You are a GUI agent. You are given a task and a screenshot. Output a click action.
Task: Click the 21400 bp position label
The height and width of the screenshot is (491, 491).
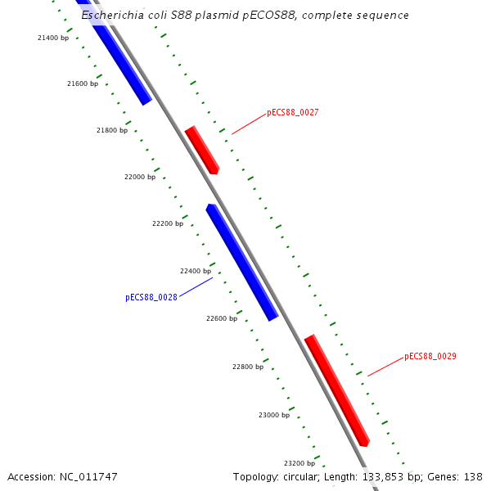pos(53,38)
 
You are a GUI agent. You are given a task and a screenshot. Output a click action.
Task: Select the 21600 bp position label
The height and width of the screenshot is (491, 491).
pos(82,83)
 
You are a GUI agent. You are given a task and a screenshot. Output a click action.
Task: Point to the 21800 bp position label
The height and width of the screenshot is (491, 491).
pos(112,130)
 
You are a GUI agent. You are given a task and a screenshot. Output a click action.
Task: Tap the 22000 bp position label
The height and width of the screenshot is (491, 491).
pos(140,177)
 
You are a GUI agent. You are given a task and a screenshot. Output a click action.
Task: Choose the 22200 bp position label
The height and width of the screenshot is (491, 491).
pos(168,223)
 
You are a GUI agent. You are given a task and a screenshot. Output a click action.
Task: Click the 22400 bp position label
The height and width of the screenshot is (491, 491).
pos(196,271)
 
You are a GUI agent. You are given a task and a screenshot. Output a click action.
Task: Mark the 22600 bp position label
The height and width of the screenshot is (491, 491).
pos(222,318)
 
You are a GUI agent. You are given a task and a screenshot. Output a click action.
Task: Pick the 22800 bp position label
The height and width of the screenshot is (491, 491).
pos(248,367)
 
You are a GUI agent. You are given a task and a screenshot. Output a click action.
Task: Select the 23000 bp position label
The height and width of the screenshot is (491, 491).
pos(274,415)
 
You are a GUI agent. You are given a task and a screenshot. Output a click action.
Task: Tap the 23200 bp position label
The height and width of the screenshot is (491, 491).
pos(300,463)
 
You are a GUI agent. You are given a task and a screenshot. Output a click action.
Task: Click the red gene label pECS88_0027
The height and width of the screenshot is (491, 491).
pos(293,113)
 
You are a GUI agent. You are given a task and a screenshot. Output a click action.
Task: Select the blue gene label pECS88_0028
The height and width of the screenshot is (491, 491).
pos(151,298)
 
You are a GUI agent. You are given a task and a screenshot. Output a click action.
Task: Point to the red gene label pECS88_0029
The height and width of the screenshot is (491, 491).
pos(430,357)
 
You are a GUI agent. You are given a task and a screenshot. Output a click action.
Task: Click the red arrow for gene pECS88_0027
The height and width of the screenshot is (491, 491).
pos(202,150)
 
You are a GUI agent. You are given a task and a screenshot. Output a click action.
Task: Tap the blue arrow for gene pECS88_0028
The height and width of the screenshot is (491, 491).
pos(242,262)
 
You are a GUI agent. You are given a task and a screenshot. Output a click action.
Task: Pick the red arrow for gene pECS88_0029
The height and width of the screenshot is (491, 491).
pos(337,390)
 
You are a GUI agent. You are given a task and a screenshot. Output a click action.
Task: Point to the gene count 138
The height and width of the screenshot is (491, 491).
pos(473,477)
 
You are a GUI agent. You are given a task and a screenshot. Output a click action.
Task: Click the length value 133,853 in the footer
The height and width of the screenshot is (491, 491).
pos(383,477)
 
